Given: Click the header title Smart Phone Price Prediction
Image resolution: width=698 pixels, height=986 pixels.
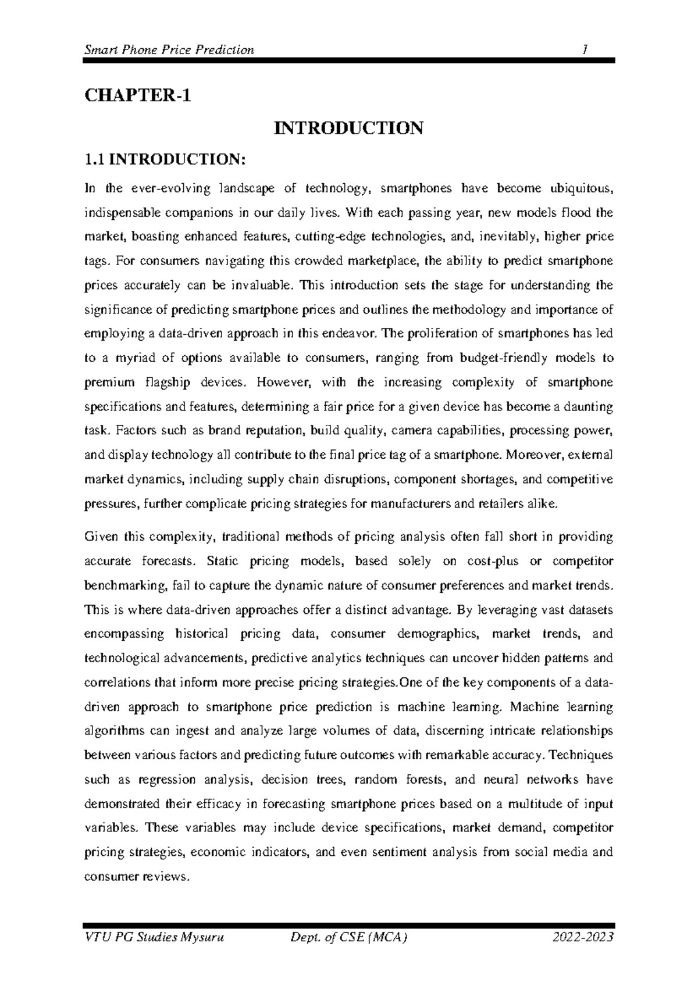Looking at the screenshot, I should click(169, 49).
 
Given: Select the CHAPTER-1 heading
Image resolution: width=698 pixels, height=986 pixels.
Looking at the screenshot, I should click(137, 95).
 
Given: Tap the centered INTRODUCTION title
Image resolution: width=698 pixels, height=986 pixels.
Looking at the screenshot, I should click(349, 128).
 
